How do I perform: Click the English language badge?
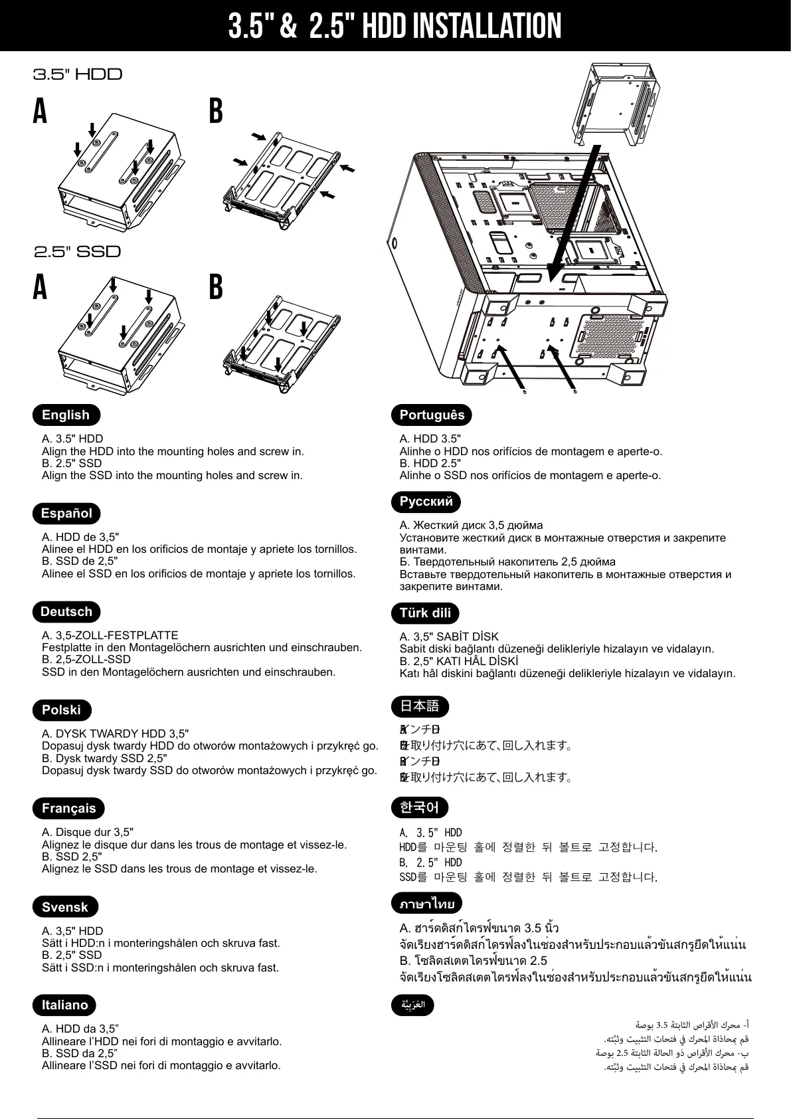click(66, 415)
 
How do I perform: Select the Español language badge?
click(66, 513)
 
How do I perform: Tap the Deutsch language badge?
click(66, 611)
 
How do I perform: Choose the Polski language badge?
click(61, 710)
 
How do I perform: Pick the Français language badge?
click(68, 808)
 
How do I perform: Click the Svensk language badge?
click(65, 907)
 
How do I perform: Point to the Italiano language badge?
click(64, 1005)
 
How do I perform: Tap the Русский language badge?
click(426, 501)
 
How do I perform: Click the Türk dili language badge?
click(425, 613)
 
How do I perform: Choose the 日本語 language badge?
click(420, 705)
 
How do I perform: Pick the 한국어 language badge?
click(420, 807)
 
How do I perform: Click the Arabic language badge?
click(412, 1005)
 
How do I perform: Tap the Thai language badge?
click(426, 903)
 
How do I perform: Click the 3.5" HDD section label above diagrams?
click(78, 74)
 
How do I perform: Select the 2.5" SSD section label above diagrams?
click(78, 252)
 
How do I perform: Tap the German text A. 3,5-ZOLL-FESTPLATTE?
click(110, 635)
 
